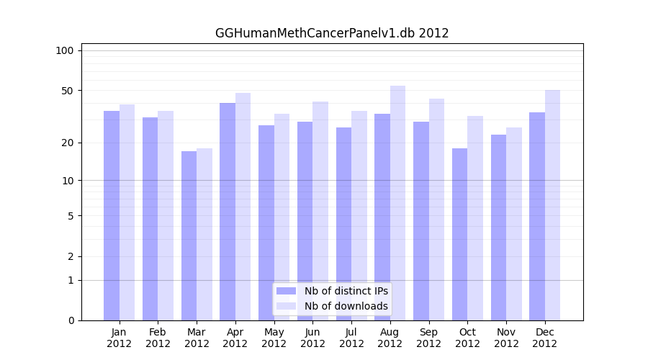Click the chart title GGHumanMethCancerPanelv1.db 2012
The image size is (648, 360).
coord(332,33)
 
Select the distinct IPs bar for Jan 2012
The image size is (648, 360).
coord(112,216)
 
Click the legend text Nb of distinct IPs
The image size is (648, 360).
coord(346,291)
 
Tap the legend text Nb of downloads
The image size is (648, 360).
coord(346,306)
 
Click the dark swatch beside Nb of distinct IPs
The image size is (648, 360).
coord(287,291)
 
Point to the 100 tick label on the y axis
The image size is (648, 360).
coord(65,50)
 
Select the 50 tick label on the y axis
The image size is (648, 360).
coord(67,91)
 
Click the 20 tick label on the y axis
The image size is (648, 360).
coord(67,143)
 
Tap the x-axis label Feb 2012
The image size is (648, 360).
coord(158,338)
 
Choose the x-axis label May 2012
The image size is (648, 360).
coord(274,338)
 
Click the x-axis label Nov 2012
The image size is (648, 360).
coord(506,338)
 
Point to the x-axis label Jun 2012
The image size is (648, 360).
coord(312,338)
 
